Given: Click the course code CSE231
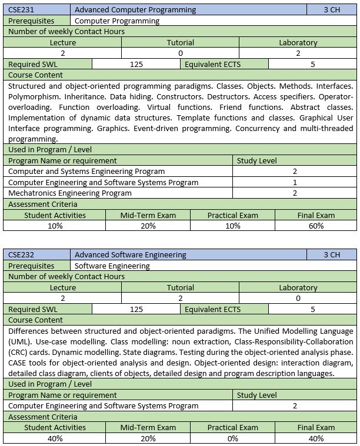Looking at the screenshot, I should click(21, 10).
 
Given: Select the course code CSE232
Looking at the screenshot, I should click(21, 255).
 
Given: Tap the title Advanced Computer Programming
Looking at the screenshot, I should click(135, 10).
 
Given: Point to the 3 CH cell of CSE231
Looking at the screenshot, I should click(332, 10).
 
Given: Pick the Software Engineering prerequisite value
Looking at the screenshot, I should click(112, 266).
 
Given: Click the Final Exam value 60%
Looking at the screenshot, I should click(316, 226).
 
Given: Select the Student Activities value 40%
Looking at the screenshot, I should click(55, 438).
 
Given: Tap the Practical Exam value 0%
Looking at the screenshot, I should click(232, 438).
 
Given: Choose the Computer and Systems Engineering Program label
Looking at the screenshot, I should click(86, 171).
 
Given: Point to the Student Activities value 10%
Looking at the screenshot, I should click(55, 226).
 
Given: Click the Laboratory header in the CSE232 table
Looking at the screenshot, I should click(298, 287).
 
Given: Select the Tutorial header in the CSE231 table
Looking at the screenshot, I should click(180, 43).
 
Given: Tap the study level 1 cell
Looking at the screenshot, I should click(295, 182).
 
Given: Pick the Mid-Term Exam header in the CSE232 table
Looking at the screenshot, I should click(148, 428).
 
